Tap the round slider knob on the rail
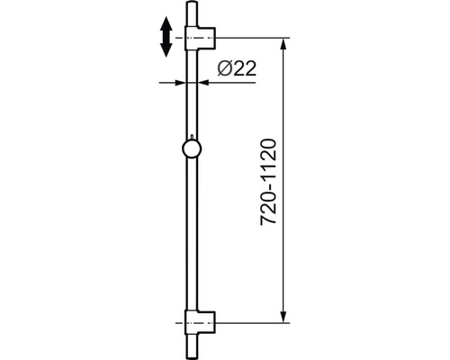(x=193, y=150)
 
